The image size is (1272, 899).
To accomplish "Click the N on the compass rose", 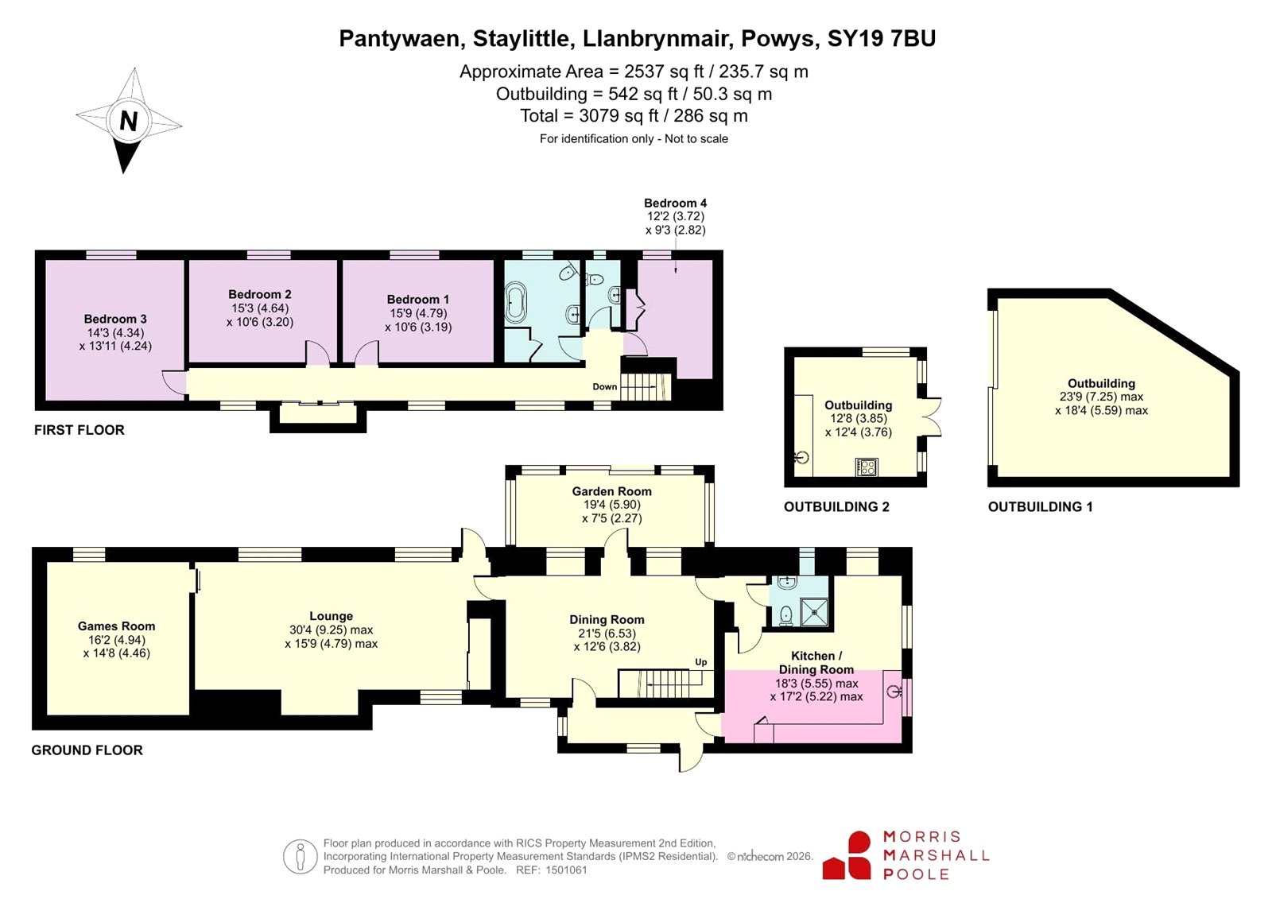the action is [x=128, y=121].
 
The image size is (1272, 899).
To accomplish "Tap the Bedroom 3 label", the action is [x=115, y=319].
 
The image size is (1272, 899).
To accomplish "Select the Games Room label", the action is [x=116, y=626].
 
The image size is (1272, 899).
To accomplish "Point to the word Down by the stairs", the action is [x=605, y=387].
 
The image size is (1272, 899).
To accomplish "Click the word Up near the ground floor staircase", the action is [x=701, y=662].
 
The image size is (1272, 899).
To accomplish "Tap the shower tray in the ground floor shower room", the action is [x=814, y=612].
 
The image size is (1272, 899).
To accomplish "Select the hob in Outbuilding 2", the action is [x=867, y=467].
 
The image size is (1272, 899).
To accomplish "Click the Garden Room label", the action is [x=611, y=491].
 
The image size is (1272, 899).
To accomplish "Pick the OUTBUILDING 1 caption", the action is [x=1041, y=506].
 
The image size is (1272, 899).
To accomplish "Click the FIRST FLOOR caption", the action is [x=79, y=430].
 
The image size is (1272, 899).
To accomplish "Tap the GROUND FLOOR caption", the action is [x=87, y=750].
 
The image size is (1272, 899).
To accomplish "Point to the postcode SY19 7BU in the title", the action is [x=882, y=39].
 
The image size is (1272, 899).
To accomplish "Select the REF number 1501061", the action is [x=566, y=870].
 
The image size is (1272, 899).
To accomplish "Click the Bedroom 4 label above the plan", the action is [x=675, y=203].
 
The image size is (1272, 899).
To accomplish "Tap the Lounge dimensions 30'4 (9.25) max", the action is [x=331, y=630].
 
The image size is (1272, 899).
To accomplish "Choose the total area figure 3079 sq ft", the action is [x=618, y=116].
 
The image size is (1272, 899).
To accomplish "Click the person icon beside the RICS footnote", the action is [x=301, y=856].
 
